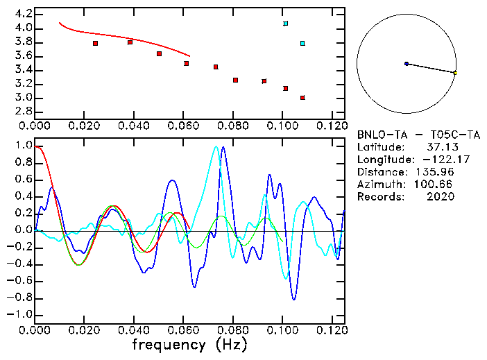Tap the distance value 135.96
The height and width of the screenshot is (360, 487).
tap(436, 172)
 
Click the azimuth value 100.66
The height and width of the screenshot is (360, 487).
tap(436, 185)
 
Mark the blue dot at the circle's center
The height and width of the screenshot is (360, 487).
tap(407, 64)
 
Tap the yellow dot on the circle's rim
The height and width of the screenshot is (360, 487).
tap(455, 73)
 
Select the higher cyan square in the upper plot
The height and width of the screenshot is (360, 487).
tap(285, 24)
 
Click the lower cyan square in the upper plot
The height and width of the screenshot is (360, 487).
tap(302, 44)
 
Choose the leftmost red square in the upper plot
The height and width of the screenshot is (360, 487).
tap(95, 44)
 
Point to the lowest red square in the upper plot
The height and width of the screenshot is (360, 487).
tap(302, 98)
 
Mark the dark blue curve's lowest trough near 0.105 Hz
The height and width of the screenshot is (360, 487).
tap(294, 300)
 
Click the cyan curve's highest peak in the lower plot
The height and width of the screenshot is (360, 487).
tap(216, 146)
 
